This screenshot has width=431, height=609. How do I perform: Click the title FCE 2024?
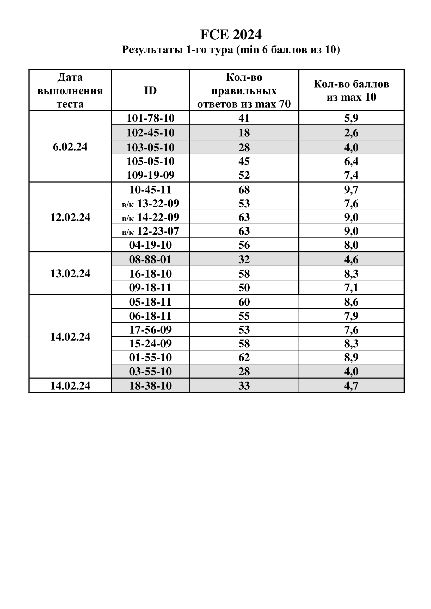coord(231,35)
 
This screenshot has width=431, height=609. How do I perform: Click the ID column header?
coord(150,91)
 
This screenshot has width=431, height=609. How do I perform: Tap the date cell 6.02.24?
coord(70,147)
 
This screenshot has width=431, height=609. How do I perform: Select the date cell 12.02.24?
coord(70,217)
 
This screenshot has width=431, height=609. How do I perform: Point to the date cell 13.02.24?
coord(70,273)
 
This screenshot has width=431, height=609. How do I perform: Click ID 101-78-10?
coord(150,118)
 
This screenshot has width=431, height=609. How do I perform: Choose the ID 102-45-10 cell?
coord(150,133)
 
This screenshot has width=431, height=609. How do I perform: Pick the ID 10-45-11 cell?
coord(150,190)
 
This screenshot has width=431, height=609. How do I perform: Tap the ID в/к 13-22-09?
coord(150,203)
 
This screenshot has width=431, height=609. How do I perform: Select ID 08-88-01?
coord(150,259)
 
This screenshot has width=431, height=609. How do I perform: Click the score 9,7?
coord(351,190)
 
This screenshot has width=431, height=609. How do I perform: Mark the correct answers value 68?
coord(244,190)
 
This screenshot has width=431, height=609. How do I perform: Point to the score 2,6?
coord(351,133)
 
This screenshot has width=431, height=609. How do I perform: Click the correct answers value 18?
coord(244,133)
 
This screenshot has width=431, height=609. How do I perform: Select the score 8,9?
coord(351,357)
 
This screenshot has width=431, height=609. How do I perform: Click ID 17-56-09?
coord(150,330)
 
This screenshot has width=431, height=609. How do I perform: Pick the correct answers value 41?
coord(244,118)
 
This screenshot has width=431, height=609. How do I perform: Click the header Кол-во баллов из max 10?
coord(351,91)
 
